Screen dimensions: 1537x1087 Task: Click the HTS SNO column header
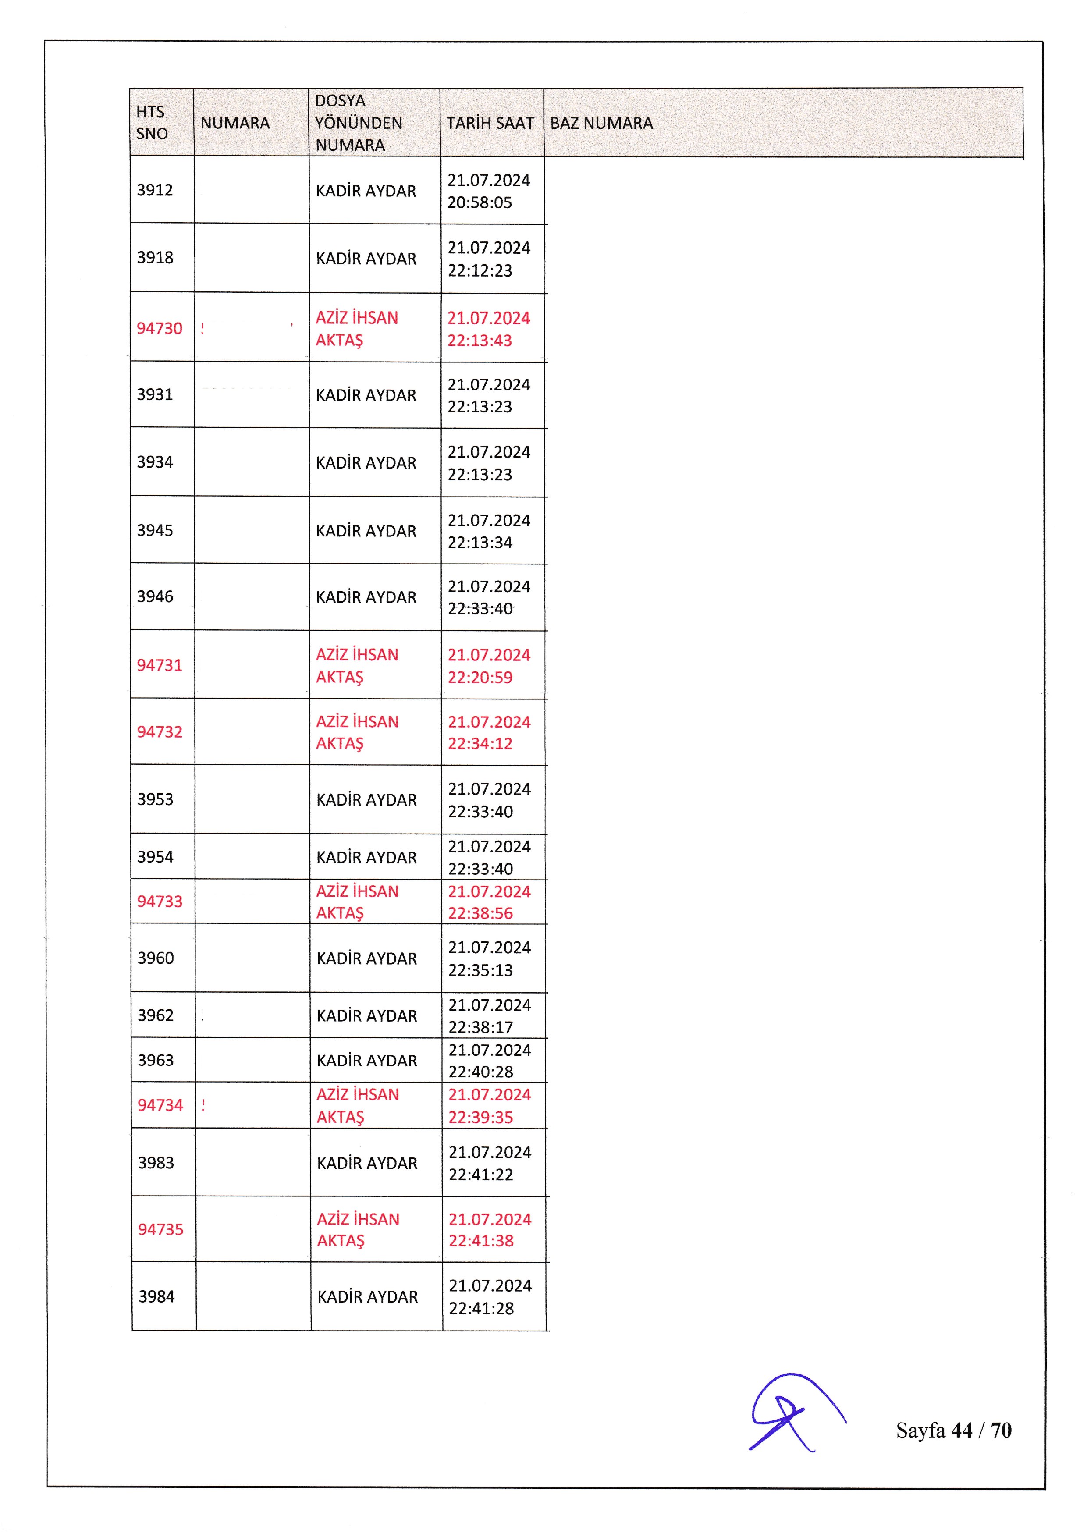tap(152, 123)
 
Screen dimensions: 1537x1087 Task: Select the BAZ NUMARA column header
tap(601, 123)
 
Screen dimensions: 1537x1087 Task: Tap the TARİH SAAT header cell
tap(490, 123)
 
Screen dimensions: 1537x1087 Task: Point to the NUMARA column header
tap(235, 123)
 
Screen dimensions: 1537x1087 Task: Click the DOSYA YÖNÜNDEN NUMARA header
tap(359, 123)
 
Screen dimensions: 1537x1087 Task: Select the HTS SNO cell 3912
tap(155, 190)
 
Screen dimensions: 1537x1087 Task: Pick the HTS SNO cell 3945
tap(155, 530)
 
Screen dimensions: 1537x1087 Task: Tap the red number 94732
tap(159, 731)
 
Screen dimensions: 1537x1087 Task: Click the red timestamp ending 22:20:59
tap(489, 666)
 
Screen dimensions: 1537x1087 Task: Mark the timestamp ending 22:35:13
tap(489, 958)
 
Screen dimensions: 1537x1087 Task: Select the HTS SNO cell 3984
tap(156, 1297)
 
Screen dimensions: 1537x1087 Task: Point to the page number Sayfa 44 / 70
tap(953, 1431)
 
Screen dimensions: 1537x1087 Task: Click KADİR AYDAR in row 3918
tap(366, 259)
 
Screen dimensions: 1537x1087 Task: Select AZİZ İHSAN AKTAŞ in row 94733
tap(357, 902)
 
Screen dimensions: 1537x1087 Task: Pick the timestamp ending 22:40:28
tap(489, 1060)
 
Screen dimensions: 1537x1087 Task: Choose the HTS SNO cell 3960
tap(155, 958)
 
